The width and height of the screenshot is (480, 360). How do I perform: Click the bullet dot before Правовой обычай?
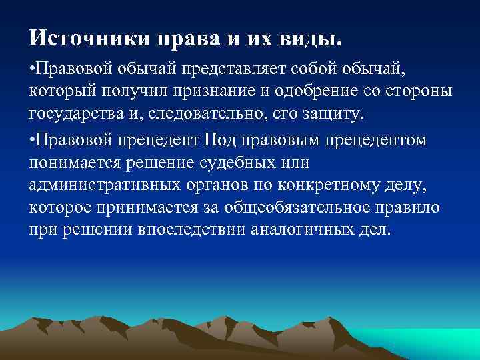click(31, 67)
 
